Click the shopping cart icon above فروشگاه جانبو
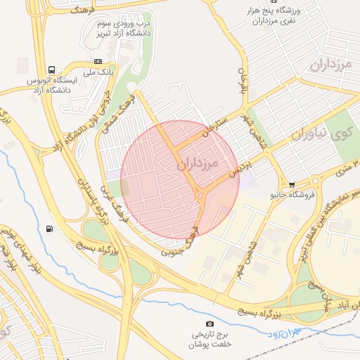[291, 183]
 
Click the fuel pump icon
[49, 228]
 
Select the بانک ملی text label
[98, 72]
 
